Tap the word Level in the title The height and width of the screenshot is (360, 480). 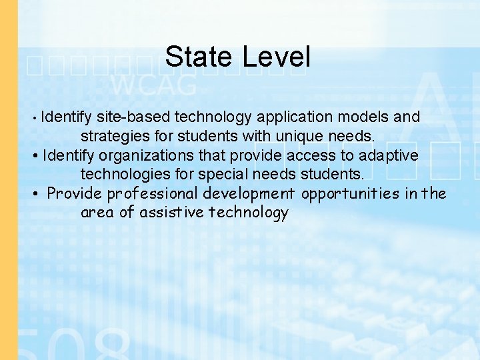[276, 57]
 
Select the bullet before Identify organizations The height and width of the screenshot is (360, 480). [35, 157]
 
